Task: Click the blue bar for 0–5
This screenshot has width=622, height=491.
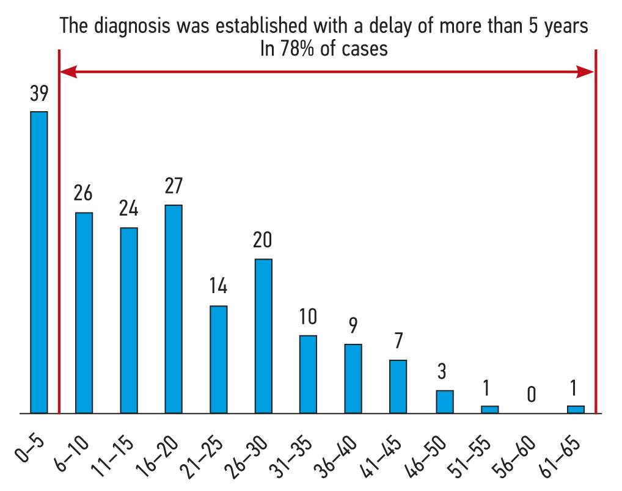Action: point(39,263)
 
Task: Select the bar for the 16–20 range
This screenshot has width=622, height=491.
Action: point(174,309)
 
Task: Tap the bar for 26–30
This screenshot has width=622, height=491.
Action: point(263,336)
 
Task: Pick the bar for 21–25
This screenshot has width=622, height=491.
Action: point(219,359)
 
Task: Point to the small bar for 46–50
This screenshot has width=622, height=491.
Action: point(445,402)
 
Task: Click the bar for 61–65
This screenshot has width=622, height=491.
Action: point(576,409)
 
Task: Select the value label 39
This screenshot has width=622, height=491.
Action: point(39,95)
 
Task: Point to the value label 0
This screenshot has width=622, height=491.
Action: point(531,395)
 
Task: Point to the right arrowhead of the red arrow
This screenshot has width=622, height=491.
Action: point(586,73)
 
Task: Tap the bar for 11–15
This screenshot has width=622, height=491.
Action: point(129,320)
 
